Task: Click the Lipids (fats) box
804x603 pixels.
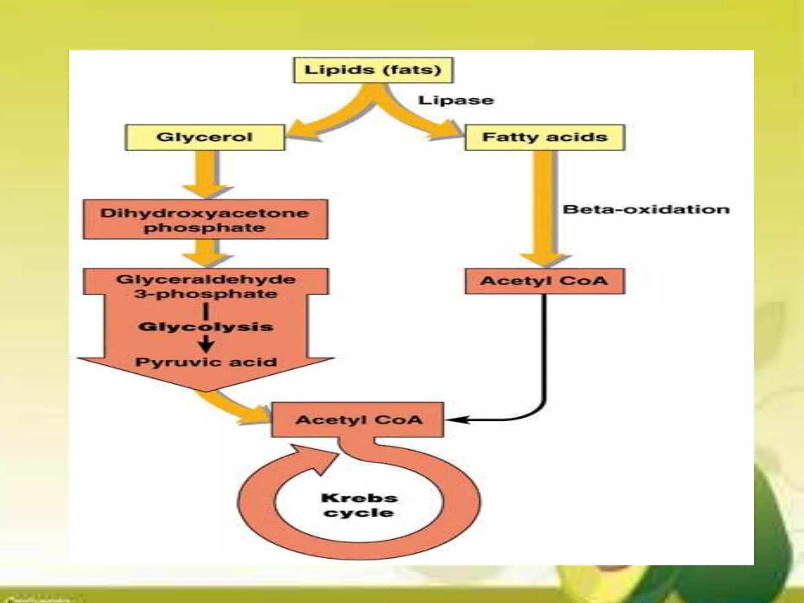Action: (x=373, y=70)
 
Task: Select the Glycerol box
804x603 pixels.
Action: (x=205, y=137)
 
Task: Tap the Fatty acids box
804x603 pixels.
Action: (x=545, y=137)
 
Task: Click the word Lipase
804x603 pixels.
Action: (x=456, y=100)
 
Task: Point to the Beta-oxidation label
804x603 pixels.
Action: (x=646, y=209)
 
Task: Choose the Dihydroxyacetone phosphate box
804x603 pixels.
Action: (x=205, y=220)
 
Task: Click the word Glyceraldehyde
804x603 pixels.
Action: (x=206, y=280)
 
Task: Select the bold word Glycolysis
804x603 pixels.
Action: (x=206, y=327)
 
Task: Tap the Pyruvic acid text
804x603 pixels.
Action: (x=206, y=362)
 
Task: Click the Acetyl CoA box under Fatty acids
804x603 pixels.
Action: (x=545, y=281)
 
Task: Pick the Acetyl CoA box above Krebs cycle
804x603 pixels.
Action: (x=358, y=420)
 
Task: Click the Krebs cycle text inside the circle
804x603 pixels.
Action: (x=359, y=505)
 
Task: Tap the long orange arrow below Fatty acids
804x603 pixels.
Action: (x=545, y=208)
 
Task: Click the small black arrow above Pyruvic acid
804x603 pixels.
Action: (x=206, y=345)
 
